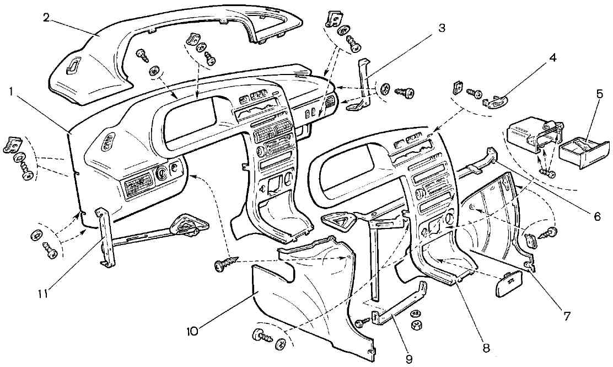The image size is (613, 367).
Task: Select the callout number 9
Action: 408,359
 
